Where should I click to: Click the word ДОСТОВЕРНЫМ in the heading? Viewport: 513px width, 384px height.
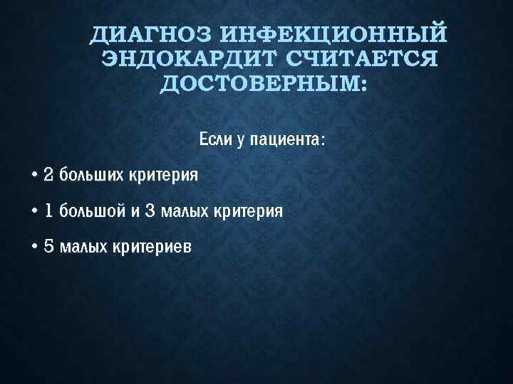click(261, 85)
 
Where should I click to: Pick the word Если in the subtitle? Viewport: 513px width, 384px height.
click(216, 139)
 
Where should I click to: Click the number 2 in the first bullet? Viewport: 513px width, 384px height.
click(48, 175)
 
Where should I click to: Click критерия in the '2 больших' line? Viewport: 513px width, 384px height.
click(163, 175)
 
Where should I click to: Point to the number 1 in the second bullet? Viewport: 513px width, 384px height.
click(48, 211)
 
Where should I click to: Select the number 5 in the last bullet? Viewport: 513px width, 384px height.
click(48, 247)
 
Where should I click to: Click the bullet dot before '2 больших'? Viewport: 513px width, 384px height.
click(34, 175)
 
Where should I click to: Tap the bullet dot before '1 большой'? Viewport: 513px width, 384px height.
click(34, 211)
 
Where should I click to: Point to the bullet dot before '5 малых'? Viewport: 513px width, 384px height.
click(34, 247)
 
